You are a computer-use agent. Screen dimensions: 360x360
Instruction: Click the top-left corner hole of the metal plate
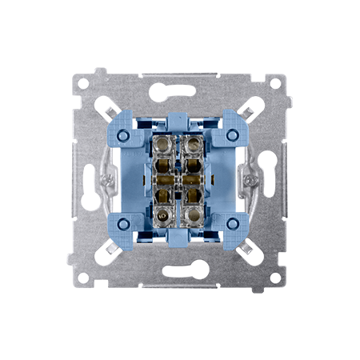[86, 82]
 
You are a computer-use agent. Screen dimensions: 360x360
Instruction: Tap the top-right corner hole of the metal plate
[274, 82]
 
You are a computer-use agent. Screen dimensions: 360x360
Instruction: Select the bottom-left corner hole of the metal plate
[86, 277]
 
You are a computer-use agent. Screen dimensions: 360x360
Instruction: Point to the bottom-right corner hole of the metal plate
[274, 277]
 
